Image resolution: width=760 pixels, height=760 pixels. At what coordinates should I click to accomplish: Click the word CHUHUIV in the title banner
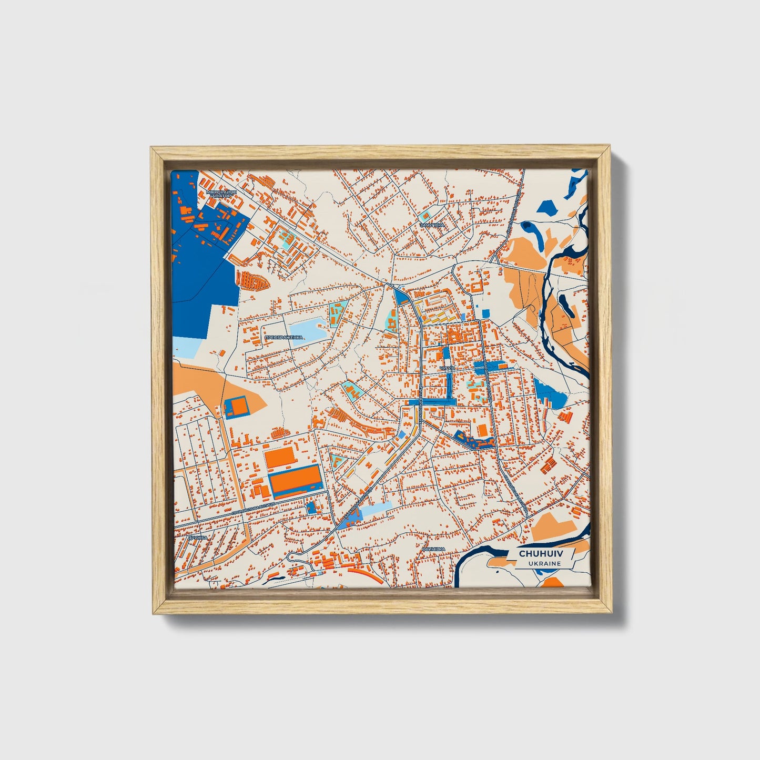pos(540,554)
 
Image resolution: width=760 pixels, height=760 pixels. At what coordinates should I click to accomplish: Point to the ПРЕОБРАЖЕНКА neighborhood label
pos(283,338)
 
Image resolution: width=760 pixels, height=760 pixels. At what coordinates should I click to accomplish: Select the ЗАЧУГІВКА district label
pos(432,225)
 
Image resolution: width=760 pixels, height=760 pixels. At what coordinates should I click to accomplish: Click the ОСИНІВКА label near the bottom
pos(433,549)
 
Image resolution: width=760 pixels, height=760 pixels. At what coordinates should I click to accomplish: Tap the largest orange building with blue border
pos(295,481)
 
